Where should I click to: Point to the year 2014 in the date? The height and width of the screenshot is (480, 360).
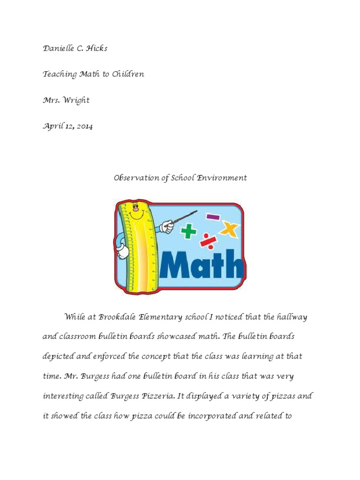point(83,127)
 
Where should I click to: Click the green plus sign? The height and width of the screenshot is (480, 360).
point(189,231)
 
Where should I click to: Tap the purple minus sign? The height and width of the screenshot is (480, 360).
point(213,217)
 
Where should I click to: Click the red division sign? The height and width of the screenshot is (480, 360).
point(208,241)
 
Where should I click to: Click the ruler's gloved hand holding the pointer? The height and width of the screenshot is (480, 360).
point(166,227)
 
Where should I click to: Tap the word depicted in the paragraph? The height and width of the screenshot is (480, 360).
point(58,357)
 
